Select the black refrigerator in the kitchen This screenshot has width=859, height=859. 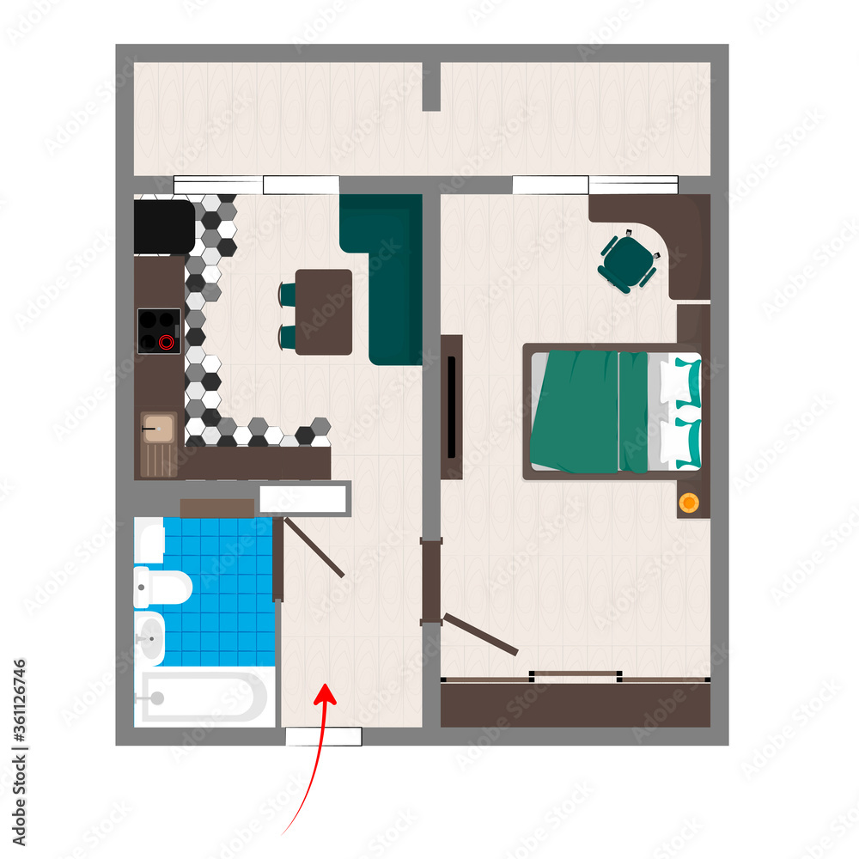(x=164, y=227)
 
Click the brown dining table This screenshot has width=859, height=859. (x=324, y=312)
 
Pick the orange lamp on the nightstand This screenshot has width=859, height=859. (x=689, y=502)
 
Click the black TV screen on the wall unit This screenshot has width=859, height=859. (x=451, y=406)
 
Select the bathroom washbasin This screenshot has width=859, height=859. (x=150, y=638)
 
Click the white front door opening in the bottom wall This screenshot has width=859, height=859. (x=323, y=736)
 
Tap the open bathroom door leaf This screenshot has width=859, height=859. (x=314, y=547)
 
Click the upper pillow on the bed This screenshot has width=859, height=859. (x=682, y=381)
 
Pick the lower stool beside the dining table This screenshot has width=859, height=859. (x=287, y=336)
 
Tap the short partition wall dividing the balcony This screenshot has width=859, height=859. (x=431, y=86)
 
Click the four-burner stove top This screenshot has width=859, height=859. (x=159, y=331)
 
